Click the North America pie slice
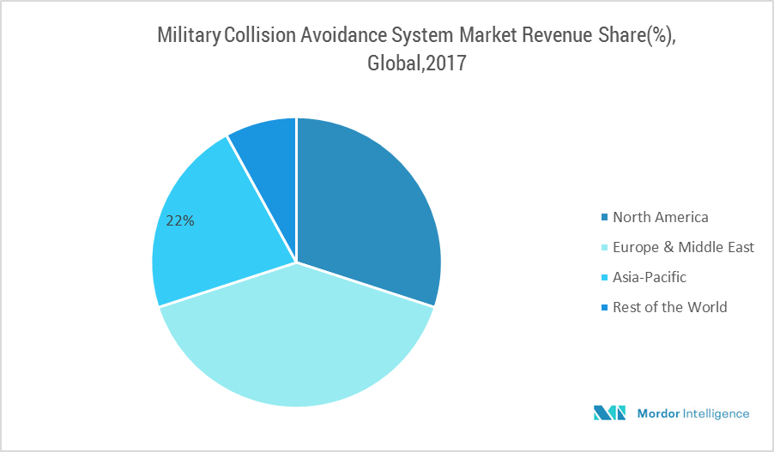(369, 206)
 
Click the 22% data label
(180, 220)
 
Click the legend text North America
(660, 217)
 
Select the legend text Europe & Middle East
(683, 247)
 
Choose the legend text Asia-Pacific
(650, 277)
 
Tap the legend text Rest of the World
(669, 307)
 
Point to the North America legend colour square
(604, 218)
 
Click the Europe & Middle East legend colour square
(604, 248)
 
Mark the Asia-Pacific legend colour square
(604, 278)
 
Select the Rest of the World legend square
(604, 308)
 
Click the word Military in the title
(189, 36)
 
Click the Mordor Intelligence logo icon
(610, 413)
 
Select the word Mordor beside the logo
(657, 413)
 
